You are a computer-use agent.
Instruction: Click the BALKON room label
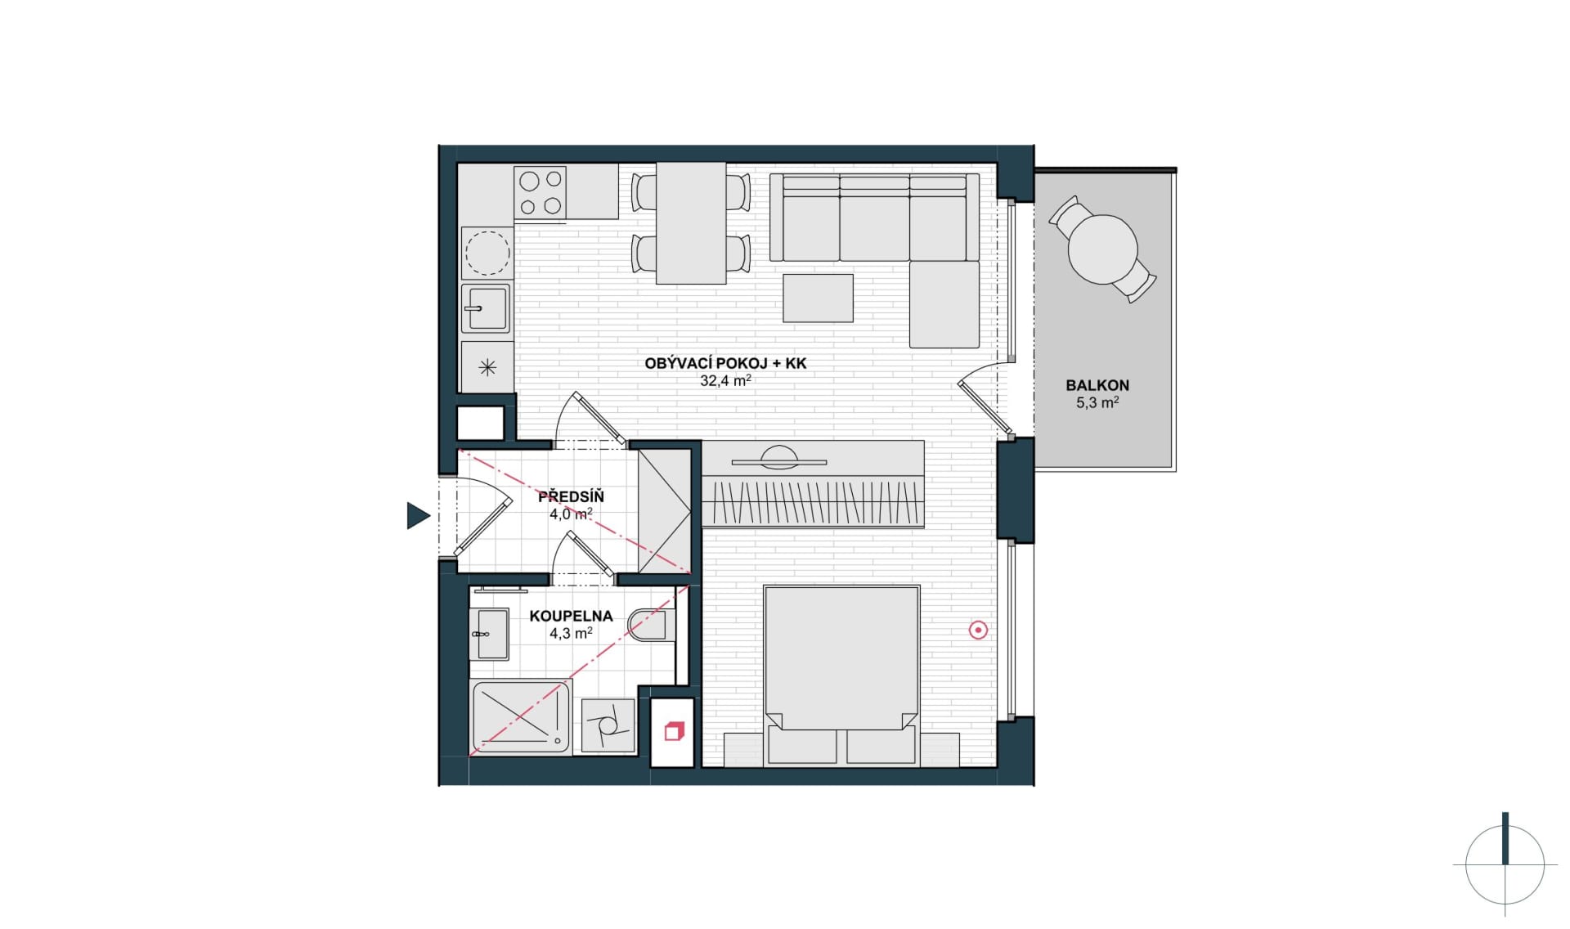coord(1097,385)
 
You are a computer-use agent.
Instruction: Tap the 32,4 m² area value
coord(725,380)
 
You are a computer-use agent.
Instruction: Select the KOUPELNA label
coord(571,616)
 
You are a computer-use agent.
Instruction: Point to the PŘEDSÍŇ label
coord(571,496)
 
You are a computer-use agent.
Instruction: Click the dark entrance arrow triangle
coord(418,515)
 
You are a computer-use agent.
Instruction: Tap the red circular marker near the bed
coord(978,630)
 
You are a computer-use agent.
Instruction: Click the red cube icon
coord(673,731)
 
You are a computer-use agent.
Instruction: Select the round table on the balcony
coord(1103,249)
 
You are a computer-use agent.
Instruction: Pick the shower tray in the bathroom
coord(521,717)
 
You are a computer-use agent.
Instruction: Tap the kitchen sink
coord(487,308)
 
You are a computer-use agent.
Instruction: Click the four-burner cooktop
coord(540,193)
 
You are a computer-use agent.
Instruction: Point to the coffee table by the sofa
coord(818,298)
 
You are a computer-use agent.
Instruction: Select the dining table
coord(691,223)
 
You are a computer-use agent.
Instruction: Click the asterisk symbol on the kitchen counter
coord(487,367)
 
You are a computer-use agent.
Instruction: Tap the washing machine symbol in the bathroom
coord(608,725)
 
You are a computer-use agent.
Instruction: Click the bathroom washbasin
coord(490,635)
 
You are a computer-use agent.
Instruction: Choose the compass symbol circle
coord(1505,865)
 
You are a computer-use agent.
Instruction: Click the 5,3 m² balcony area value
coord(1097,402)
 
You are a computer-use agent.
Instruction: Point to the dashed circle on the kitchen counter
coord(487,252)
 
